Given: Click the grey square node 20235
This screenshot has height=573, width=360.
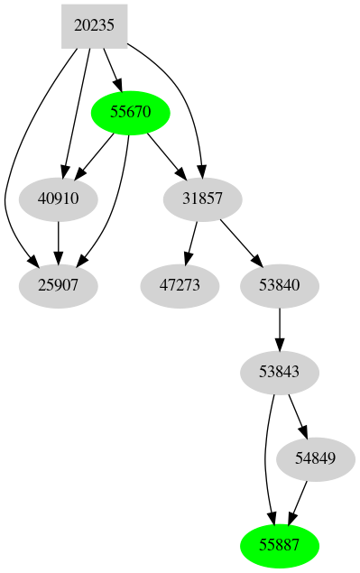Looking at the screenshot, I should click(x=94, y=26).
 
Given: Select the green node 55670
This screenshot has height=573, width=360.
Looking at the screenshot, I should click(x=132, y=113).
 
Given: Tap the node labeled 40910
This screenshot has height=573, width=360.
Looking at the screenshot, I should click(x=58, y=199).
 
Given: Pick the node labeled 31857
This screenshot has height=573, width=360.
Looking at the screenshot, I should click(x=203, y=199).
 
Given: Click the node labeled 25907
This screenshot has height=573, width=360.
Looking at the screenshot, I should click(x=58, y=286).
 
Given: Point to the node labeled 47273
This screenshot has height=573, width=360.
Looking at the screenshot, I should click(x=180, y=286).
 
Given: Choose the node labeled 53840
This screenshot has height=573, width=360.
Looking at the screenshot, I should click(x=281, y=286).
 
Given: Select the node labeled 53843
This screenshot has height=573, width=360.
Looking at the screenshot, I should click(x=281, y=372).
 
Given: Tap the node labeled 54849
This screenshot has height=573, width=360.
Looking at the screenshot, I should click(x=315, y=458).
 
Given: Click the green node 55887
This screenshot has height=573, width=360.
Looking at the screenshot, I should click(x=281, y=545).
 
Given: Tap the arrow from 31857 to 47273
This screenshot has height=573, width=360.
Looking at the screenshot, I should click(x=191, y=243).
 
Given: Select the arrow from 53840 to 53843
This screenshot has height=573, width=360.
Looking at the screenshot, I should click(x=281, y=328).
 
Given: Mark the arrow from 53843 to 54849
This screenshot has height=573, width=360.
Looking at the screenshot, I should click(x=298, y=415).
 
